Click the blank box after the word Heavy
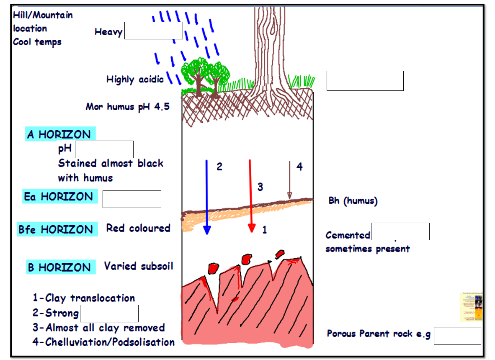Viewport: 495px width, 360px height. pyautogui.click(x=153, y=31)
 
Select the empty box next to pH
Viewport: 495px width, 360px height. pyautogui.click(x=104, y=149)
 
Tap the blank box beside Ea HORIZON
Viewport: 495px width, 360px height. pyautogui.click(x=132, y=199)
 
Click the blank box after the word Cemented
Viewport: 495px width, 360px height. pyautogui.click(x=400, y=231)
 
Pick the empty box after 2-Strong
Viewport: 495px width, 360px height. pyautogui.click(x=109, y=313)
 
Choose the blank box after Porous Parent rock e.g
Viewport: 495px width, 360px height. pyautogui.click(x=457, y=335)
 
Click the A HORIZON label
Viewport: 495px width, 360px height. pyautogui.click(x=60, y=134)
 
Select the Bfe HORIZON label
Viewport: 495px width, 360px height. pyautogui.click(x=57, y=229)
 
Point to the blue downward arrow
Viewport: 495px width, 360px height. pyautogui.click(x=207, y=197)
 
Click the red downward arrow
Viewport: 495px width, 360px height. pyautogui.click(x=251, y=196)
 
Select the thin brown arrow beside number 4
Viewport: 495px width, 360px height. pyautogui.click(x=289, y=180)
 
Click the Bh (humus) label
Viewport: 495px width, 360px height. pyautogui.click(x=353, y=201)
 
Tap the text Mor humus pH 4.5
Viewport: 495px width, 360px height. pyautogui.click(x=128, y=107)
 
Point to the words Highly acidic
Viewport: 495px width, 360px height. pyautogui.click(x=135, y=79)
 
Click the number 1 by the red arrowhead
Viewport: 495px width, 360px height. pyautogui.click(x=265, y=230)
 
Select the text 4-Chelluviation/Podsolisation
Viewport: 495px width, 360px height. pyautogui.click(x=103, y=342)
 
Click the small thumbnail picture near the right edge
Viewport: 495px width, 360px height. pyautogui.click(x=471, y=307)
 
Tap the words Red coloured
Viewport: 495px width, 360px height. pyautogui.click(x=138, y=228)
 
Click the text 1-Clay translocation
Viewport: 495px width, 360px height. pyautogui.click(x=84, y=298)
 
